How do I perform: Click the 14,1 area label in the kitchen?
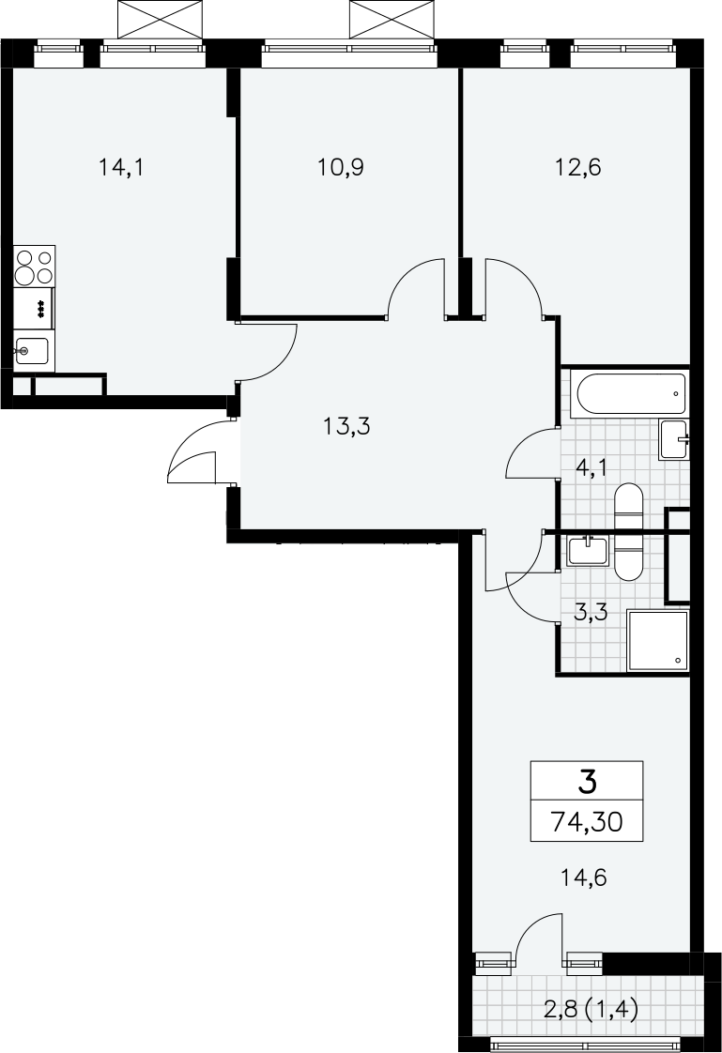(121, 166)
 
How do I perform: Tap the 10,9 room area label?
(341, 166)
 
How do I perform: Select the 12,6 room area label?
(577, 166)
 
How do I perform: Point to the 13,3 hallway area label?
(346, 426)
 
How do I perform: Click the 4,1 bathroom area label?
(591, 466)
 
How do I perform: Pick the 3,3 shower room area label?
(591, 613)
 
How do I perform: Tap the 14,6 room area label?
(583, 877)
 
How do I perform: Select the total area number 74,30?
(586, 820)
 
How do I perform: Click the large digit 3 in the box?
(587, 782)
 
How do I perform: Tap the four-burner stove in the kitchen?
(35, 267)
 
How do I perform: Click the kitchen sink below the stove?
(32, 351)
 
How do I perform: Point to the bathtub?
(631, 394)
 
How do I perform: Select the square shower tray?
(658, 641)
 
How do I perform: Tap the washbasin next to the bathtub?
(675, 440)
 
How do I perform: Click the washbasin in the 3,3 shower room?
(589, 551)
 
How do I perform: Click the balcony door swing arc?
(537, 934)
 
